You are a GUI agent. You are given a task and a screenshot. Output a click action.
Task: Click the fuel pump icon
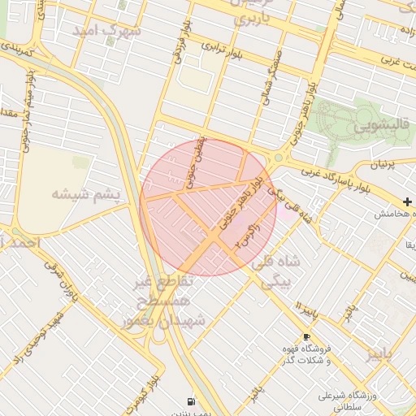tap(191, 401)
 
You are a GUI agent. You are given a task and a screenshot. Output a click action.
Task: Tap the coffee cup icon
tap(306, 337)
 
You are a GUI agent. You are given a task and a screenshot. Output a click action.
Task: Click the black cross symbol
tap(407, 201)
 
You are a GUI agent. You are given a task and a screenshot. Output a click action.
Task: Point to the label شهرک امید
tap(106, 30)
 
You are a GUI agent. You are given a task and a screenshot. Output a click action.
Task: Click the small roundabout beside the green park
tap(278, 158)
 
